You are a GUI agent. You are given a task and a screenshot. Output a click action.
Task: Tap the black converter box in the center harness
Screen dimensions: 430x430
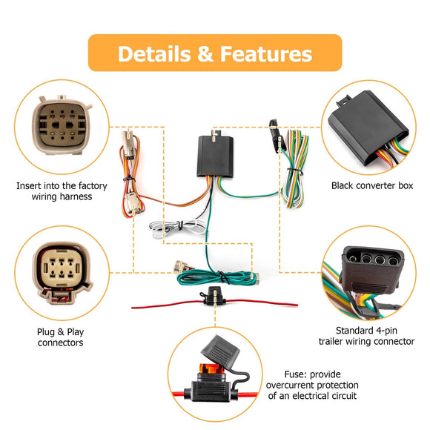pos(214,156)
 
